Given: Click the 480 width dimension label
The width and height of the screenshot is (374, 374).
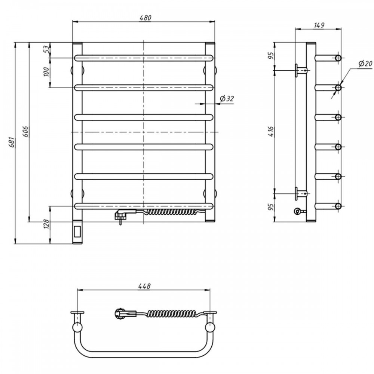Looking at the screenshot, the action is (x=146, y=18).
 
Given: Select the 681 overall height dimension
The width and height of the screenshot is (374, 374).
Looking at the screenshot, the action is (x=13, y=143).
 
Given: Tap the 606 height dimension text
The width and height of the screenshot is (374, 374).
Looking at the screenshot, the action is (x=26, y=131).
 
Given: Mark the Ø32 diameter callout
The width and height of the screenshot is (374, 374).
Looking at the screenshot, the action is (x=227, y=99).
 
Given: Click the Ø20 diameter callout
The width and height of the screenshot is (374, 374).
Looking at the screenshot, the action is (x=365, y=64).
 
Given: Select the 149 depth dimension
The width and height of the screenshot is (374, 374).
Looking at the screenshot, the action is (x=319, y=25).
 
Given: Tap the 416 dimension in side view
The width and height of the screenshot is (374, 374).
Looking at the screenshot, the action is (x=272, y=131).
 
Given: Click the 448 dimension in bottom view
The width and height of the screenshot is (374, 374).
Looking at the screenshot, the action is (x=145, y=286).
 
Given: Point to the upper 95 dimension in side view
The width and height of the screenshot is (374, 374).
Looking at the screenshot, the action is (x=272, y=56).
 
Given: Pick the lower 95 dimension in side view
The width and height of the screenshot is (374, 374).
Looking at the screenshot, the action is (x=272, y=207).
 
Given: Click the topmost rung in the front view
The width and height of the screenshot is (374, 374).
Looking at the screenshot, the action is (x=144, y=58).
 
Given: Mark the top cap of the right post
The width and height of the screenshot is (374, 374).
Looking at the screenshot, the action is (x=210, y=44).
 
